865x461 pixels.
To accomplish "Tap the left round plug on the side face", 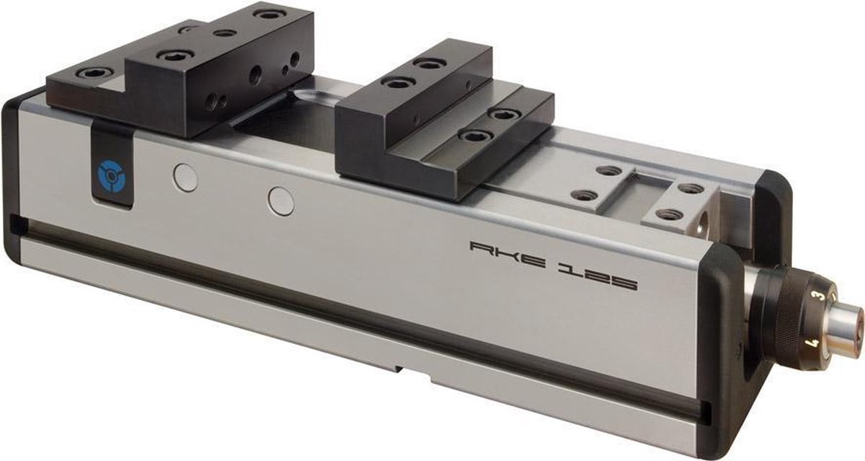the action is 185,177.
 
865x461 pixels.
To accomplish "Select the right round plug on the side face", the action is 281,201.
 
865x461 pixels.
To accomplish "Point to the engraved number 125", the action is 597,279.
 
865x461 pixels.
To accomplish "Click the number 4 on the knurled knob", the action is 813,343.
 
